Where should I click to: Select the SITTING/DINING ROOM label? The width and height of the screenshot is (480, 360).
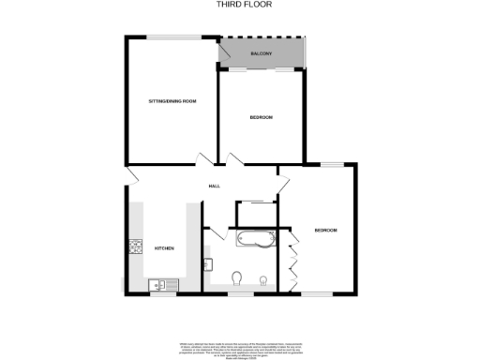click(x=172, y=100)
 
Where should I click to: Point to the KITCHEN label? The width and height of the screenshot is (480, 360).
click(x=165, y=247)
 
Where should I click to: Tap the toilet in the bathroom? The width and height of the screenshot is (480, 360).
click(x=239, y=277)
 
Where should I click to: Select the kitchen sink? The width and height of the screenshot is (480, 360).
click(x=157, y=281)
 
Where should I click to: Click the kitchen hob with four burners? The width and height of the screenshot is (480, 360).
click(x=134, y=247)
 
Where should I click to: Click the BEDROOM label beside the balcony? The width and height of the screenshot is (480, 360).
click(x=261, y=117)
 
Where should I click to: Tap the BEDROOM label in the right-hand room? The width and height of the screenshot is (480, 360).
click(x=325, y=231)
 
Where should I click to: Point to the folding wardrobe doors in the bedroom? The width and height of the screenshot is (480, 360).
click(x=294, y=258)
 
